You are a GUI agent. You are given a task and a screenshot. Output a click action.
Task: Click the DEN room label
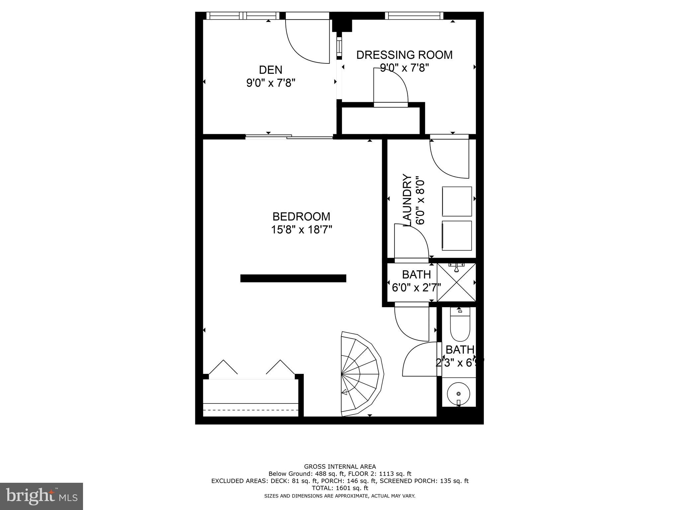[x=271, y=70]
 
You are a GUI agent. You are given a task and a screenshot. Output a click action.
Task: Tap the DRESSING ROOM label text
[x=404, y=55]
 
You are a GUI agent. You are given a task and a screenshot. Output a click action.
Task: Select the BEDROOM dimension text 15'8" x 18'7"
[x=301, y=230]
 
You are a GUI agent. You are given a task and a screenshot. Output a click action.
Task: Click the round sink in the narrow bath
[x=459, y=394]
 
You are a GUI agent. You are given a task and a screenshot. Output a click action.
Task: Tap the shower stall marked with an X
[x=456, y=283]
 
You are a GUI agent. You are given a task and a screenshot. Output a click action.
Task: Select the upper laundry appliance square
[x=457, y=202]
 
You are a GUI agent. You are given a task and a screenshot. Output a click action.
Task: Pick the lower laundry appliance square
[x=457, y=235]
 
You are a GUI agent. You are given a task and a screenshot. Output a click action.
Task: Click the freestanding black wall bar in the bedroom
[x=293, y=278]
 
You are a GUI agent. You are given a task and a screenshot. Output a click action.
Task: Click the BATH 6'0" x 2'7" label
[x=416, y=281]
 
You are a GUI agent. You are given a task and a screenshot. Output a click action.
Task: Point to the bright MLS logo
[x=42, y=496]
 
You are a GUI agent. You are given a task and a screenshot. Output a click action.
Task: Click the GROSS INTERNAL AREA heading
[x=340, y=467]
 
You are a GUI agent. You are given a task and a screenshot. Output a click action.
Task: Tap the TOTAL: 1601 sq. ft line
[x=340, y=488]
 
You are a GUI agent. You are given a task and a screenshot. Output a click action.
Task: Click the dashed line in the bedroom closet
[x=251, y=410]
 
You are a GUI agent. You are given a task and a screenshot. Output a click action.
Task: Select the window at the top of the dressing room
[x=414, y=16]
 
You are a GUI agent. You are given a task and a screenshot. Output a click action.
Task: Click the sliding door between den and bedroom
[x=289, y=136]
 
